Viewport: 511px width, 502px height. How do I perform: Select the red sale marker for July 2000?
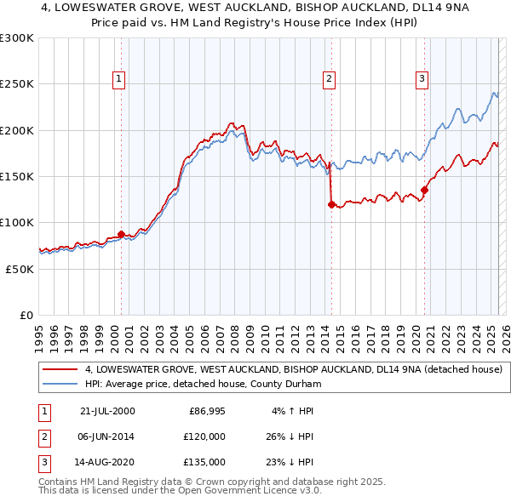(x=121, y=234)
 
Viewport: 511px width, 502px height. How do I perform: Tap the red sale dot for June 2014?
(x=330, y=204)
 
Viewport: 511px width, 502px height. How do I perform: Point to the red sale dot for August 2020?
(x=424, y=190)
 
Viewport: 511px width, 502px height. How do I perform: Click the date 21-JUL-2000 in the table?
(x=107, y=411)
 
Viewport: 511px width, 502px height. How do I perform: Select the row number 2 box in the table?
(x=42, y=436)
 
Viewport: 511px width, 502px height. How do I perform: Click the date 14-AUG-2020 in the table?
(x=107, y=462)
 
